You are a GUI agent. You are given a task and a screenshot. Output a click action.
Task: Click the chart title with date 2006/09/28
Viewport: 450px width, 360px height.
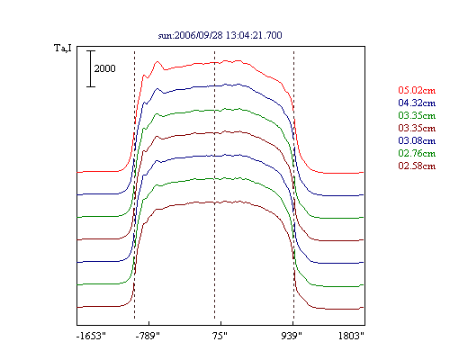(220, 35)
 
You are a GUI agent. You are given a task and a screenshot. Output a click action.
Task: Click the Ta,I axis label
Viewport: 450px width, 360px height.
(63, 48)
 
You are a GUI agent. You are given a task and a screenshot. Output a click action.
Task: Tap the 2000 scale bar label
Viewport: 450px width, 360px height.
(104, 68)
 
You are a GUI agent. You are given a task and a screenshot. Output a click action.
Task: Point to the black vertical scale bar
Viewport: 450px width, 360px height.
(91, 68)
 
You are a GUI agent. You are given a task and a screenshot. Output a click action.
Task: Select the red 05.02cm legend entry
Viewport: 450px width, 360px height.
(417, 90)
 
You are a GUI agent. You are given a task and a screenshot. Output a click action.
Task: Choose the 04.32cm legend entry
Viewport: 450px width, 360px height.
(417, 103)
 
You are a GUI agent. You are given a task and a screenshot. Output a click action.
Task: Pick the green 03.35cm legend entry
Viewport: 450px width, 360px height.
(417, 115)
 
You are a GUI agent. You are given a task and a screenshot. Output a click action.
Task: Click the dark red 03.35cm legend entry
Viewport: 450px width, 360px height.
(417, 128)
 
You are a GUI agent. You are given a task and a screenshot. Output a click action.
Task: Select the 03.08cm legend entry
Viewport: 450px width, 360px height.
(417, 140)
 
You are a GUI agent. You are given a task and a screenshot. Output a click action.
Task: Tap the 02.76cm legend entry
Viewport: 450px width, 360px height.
(417, 153)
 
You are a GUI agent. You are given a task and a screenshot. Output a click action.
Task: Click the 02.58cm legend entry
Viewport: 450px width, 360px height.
(417, 166)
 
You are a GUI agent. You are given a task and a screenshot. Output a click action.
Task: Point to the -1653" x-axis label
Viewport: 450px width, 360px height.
(91, 336)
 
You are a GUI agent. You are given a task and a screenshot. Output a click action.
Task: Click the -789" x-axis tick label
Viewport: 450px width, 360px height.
(148, 336)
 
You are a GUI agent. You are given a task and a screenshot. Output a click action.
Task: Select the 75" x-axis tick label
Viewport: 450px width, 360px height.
(220, 336)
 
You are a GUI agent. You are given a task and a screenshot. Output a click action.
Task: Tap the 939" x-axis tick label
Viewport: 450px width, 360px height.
(292, 336)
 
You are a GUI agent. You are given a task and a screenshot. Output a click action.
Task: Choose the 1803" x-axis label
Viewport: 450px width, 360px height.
(351, 336)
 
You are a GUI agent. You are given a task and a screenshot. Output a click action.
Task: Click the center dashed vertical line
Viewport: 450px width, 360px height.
(214, 184)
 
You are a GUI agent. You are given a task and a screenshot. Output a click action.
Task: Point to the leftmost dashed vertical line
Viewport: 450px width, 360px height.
(134, 184)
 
